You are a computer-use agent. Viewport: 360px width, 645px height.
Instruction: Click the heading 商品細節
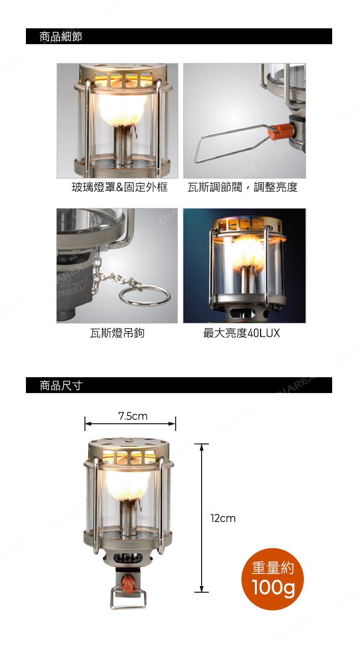click(61, 36)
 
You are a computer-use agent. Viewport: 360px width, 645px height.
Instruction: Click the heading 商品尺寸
click(61, 385)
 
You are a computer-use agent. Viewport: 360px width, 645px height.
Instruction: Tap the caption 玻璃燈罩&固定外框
click(120, 187)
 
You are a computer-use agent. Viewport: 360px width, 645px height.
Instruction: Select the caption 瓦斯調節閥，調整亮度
click(242, 187)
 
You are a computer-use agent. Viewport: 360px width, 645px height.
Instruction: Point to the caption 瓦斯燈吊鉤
click(117, 333)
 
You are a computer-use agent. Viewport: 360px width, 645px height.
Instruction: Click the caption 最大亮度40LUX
click(241, 333)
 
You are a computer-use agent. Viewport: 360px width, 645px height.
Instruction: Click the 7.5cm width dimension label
click(133, 416)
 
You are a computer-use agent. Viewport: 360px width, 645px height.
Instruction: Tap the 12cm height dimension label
click(223, 518)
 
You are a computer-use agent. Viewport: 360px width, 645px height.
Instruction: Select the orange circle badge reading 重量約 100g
click(273, 579)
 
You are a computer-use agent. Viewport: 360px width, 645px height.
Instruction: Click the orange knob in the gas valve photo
click(277, 131)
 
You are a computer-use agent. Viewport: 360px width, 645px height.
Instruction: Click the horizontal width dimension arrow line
click(130, 424)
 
